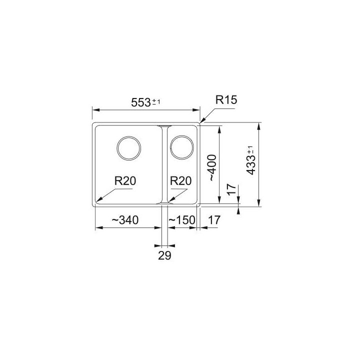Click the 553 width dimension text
(x=141, y=102)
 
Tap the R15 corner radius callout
(x=226, y=100)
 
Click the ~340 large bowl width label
(x=125, y=220)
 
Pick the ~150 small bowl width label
(x=182, y=220)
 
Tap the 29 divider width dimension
(x=164, y=255)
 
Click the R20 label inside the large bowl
(x=125, y=181)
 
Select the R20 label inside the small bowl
(x=180, y=181)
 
